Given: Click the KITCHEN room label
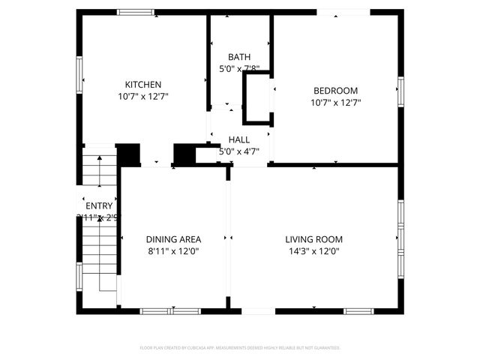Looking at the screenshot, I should (x=142, y=85).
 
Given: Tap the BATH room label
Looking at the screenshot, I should (x=239, y=57).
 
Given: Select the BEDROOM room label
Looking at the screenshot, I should (x=334, y=91).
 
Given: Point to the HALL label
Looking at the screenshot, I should (x=239, y=139).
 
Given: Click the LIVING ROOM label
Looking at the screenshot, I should (x=313, y=239).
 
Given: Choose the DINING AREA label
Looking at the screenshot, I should (x=173, y=239).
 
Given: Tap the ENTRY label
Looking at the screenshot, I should (x=99, y=206).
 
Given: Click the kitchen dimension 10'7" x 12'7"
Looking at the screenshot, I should (x=142, y=97).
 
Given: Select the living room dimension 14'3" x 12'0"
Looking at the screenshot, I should (x=313, y=251).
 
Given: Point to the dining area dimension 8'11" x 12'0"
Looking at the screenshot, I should (x=173, y=251).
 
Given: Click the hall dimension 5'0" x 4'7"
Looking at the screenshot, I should (x=239, y=151).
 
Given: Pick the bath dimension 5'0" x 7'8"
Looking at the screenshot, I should (x=239, y=69).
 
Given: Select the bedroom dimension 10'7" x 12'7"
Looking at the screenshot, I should (x=334, y=103).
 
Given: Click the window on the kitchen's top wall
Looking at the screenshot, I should (x=136, y=12).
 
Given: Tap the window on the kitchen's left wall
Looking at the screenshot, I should (x=79, y=76).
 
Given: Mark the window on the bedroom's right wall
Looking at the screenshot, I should (x=400, y=91).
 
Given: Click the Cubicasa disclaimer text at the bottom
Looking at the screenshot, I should (x=240, y=348).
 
